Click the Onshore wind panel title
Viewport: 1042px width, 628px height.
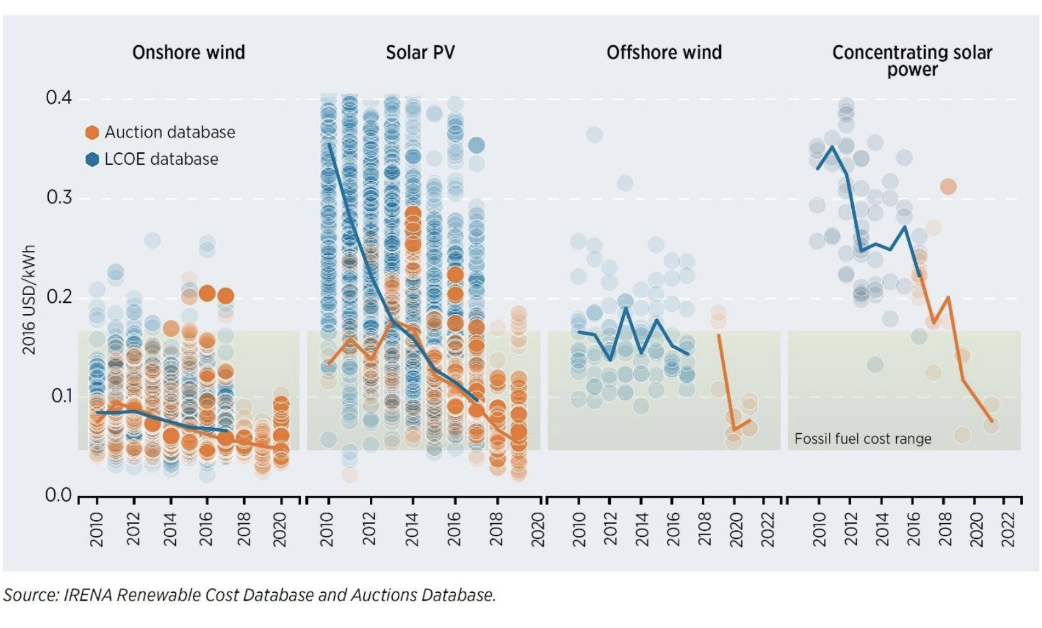(x=188, y=53)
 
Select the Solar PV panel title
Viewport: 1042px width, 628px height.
(x=420, y=53)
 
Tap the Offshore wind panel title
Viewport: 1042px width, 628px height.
(x=664, y=53)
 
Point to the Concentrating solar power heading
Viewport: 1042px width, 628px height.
(x=912, y=61)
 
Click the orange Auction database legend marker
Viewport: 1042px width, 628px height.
(x=92, y=132)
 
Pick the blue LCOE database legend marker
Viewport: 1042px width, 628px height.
(x=92, y=159)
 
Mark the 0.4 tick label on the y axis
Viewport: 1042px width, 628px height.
(x=59, y=98)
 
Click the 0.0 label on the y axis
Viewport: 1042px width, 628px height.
(x=59, y=496)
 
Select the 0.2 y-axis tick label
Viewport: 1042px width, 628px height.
(x=59, y=297)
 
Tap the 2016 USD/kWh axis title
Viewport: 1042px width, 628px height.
(x=29, y=300)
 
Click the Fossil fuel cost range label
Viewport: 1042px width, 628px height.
(x=862, y=439)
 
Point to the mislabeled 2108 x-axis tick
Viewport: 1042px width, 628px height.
(x=705, y=529)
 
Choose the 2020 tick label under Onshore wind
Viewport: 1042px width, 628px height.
(x=280, y=529)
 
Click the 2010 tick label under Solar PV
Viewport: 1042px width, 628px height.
(x=327, y=529)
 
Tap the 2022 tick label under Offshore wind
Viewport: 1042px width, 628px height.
(x=768, y=529)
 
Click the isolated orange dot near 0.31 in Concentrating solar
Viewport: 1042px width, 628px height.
(x=948, y=187)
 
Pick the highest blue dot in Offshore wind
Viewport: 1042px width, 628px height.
(x=594, y=135)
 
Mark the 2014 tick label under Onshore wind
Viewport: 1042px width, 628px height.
(x=170, y=529)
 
